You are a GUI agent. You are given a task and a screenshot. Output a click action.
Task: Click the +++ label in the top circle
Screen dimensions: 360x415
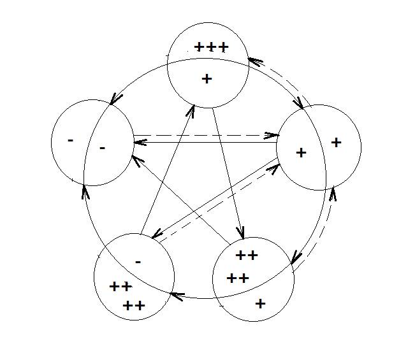click(211, 48)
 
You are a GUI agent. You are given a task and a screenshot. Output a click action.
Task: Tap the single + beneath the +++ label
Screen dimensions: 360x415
click(206, 79)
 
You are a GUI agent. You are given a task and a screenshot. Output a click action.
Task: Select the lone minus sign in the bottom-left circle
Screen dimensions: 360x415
click(138, 262)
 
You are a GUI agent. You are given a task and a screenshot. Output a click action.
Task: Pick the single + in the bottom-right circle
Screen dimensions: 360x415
click(260, 303)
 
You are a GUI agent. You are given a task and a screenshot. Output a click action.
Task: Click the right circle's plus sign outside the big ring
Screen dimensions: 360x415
click(336, 143)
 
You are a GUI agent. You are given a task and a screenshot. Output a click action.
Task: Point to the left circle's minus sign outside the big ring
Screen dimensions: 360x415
click(70, 140)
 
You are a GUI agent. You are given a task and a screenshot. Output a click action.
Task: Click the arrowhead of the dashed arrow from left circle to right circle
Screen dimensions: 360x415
click(273, 135)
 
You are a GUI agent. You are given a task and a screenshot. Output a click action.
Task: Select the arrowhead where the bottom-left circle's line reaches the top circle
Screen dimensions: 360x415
click(190, 110)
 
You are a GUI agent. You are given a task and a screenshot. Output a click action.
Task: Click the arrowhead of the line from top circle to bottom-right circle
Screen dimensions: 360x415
click(241, 234)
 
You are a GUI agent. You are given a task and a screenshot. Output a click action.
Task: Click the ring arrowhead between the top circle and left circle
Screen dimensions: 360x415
click(115, 99)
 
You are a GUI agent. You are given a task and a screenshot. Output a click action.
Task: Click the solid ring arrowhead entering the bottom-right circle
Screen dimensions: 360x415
click(295, 259)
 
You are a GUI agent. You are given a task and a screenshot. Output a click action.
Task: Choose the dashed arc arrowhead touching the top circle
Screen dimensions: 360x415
click(253, 62)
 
